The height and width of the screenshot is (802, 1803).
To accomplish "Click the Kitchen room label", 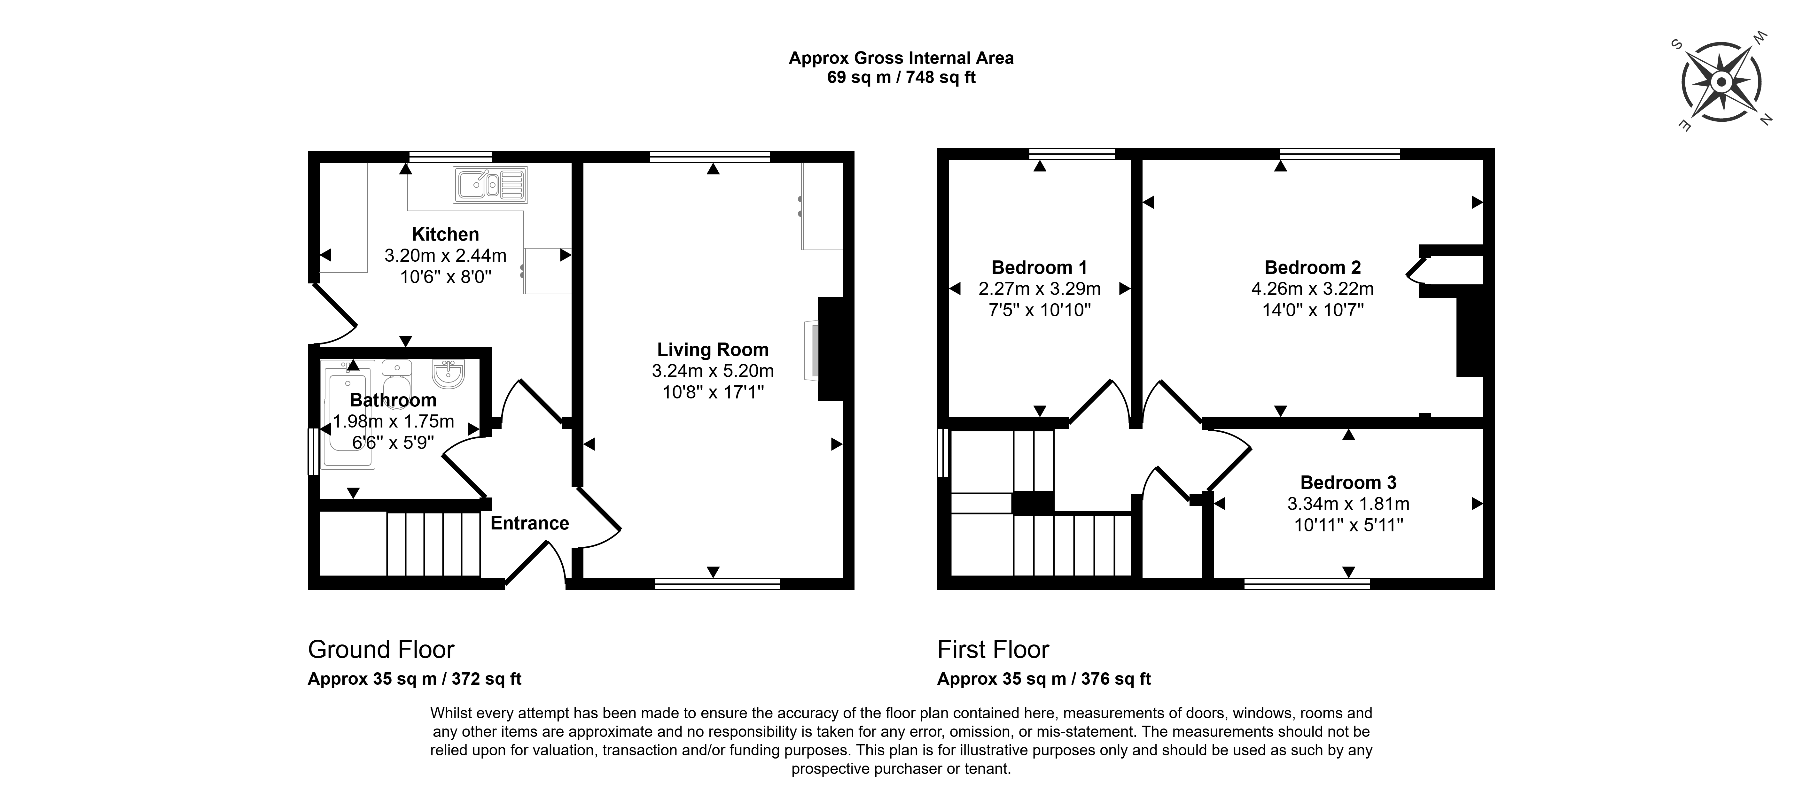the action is (x=445, y=235).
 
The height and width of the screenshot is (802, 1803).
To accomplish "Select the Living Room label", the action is (x=713, y=350).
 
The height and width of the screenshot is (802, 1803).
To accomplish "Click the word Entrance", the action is (x=530, y=523).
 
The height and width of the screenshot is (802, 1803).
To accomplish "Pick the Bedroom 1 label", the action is (x=1039, y=267).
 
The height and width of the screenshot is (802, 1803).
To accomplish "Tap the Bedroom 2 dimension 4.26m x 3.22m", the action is (x=1312, y=288).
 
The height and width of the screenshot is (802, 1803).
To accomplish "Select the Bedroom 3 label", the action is (x=1348, y=482).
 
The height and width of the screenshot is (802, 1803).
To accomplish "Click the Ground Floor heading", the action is (x=381, y=650).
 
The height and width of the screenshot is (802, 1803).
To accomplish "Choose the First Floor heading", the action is (x=993, y=650).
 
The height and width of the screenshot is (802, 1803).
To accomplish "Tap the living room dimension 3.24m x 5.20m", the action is (x=713, y=371).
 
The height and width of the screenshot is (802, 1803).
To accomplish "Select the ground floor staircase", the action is (x=434, y=544).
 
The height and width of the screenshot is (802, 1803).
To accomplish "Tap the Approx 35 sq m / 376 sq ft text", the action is (x=1044, y=679).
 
